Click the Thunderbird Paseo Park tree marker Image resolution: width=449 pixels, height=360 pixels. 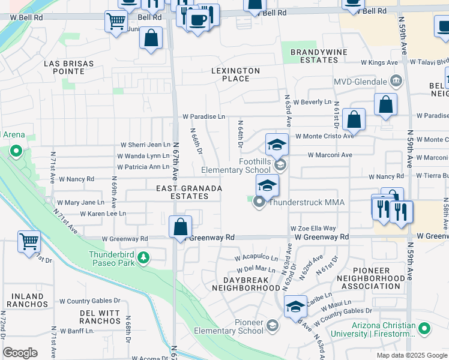point(143,258)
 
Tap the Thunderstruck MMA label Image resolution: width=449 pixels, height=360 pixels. point(306,202)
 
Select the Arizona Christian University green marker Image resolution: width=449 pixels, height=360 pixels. point(424,328)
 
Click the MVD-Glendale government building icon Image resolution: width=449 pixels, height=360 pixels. point(396,81)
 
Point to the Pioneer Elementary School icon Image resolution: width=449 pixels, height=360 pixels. point(272,326)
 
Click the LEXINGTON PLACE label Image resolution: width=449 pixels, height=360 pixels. point(235,74)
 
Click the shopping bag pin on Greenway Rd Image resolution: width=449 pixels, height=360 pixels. point(180,227)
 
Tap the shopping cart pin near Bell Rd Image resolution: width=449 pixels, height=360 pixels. point(115,22)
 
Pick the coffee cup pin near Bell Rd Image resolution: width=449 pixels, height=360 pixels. point(197,20)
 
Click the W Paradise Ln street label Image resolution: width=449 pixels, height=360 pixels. point(203,116)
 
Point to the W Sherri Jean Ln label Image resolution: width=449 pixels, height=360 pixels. point(146,145)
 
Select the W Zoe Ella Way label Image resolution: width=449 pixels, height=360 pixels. point(313,229)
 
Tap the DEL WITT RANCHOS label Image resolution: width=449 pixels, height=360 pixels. point(100,317)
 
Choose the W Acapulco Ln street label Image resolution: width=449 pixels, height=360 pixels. point(256,257)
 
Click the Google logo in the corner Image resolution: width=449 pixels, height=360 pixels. point(20,353)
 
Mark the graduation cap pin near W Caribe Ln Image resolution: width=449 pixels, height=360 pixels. point(295,306)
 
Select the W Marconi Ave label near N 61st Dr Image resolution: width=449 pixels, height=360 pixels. point(329,155)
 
